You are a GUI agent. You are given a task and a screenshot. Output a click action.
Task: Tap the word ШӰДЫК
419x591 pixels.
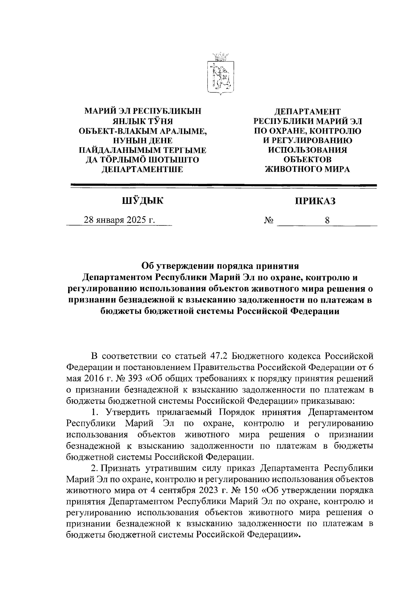[x=142, y=201]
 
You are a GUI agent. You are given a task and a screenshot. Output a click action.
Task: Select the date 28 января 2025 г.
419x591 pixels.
[x=119, y=220]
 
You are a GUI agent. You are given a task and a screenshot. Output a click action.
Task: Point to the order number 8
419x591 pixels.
[x=327, y=220]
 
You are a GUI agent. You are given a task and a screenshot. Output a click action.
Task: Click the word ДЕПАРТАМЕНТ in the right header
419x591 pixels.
[x=308, y=111]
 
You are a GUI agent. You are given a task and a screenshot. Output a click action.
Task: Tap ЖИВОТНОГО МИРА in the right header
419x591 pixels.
[x=308, y=169]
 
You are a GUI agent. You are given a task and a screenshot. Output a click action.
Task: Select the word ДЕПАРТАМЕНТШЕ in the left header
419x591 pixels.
[x=142, y=169]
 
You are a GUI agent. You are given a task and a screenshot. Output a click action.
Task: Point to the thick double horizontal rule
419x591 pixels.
[x=223, y=186]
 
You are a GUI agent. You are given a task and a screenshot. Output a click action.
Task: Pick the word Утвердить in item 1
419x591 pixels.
[x=125, y=412]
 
